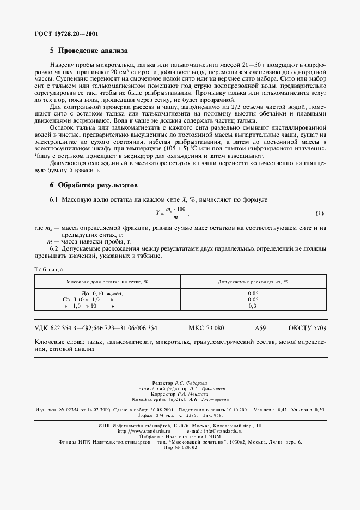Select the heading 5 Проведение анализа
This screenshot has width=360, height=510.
click(88, 51)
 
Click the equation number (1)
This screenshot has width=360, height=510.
click(320, 213)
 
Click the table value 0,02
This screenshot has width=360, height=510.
click(253, 293)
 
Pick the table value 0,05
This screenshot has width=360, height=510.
click(253, 300)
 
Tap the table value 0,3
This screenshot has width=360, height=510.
click(253, 306)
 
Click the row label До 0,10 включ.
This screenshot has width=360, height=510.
click(101, 293)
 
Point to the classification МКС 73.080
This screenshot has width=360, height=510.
click(206, 328)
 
